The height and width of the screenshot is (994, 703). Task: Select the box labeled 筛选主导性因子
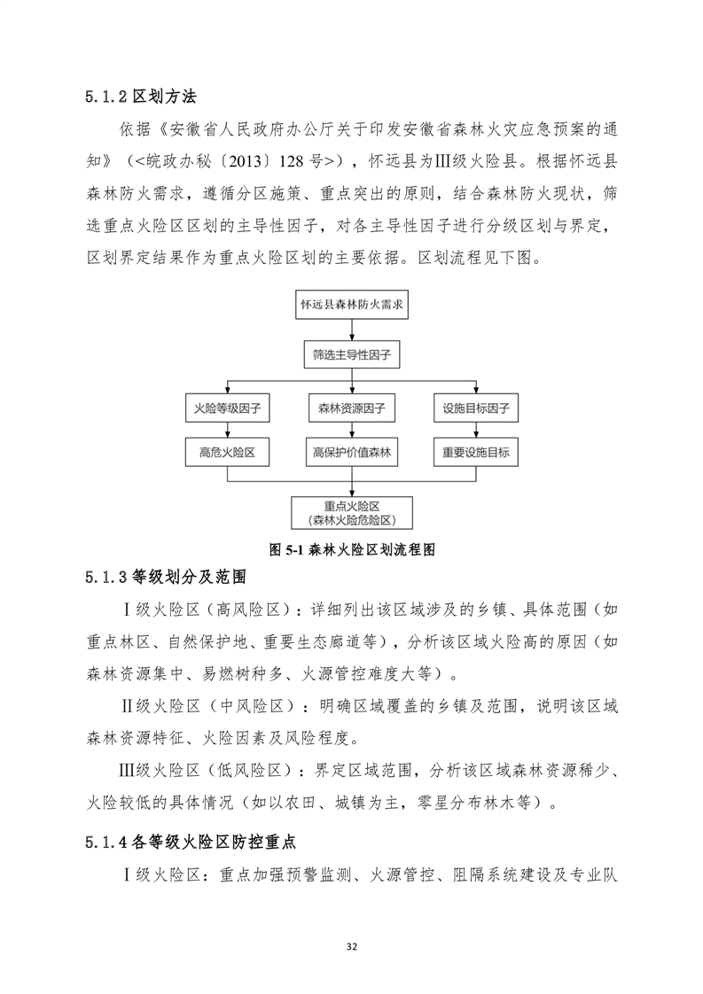pyautogui.click(x=352, y=356)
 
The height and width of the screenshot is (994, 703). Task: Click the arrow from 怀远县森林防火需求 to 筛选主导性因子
pyautogui.click(x=352, y=330)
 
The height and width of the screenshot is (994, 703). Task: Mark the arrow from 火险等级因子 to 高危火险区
pyautogui.click(x=229, y=431)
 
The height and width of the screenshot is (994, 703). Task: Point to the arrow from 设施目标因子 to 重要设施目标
pyautogui.click(x=476, y=431)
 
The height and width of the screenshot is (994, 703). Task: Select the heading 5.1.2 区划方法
pyautogui.click(x=146, y=95)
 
